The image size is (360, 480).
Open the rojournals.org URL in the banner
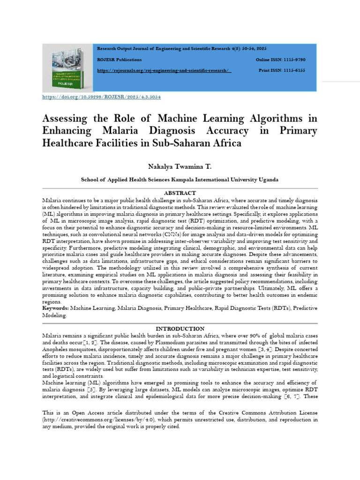(x=164, y=70)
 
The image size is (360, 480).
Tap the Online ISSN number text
(x=280, y=60)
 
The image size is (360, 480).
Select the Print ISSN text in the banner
(x=282, y=70)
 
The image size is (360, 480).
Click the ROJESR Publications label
(x=119, y=60)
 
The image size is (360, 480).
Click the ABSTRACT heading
(x=180, y=193)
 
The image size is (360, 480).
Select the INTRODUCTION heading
(x=180, y=329)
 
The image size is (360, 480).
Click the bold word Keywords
(x=55, y=308)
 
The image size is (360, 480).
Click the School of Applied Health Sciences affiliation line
(x=180, y=180)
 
